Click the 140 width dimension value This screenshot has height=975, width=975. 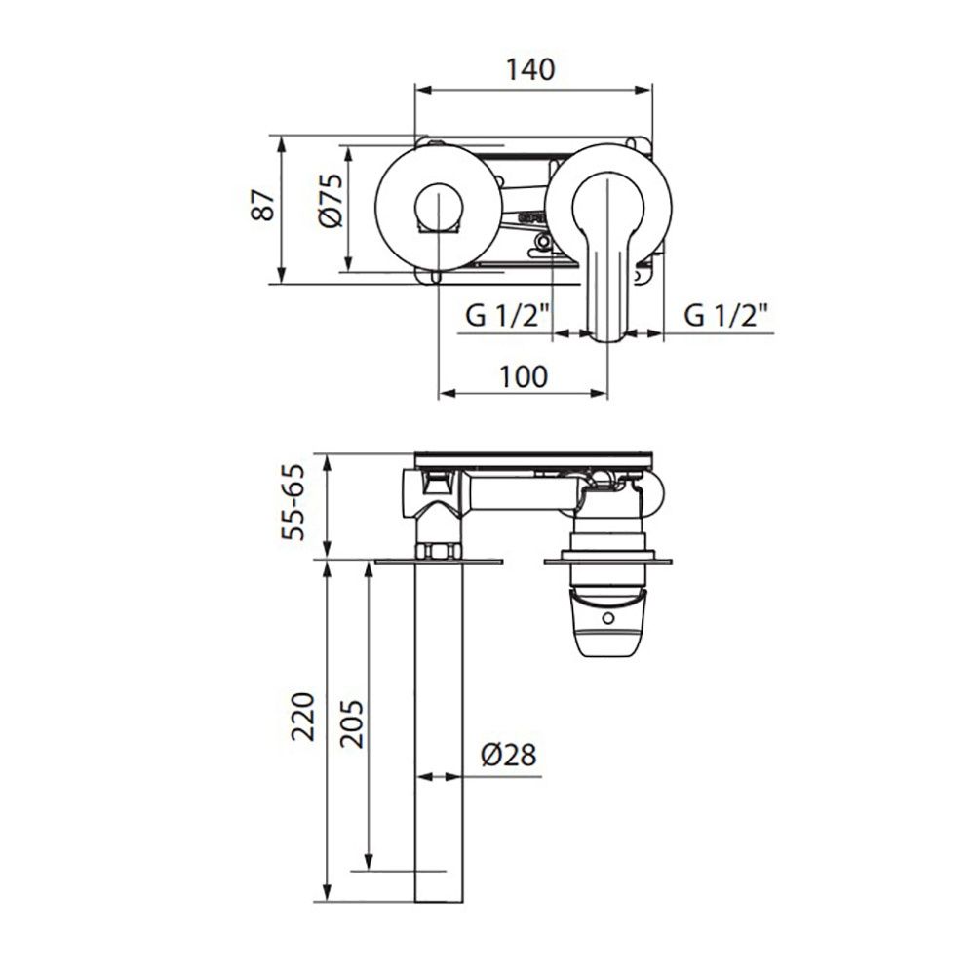(529, 69)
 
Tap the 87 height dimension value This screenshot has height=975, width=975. (263, 205)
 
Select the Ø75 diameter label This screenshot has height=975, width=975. (330, 200)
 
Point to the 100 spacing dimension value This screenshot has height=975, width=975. (523, 376)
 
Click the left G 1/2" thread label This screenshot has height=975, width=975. (507, 317)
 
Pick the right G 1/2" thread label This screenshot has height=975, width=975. (725, 317)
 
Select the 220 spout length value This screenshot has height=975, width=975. (303, 716)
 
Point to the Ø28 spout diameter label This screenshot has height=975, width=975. (509, 755)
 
